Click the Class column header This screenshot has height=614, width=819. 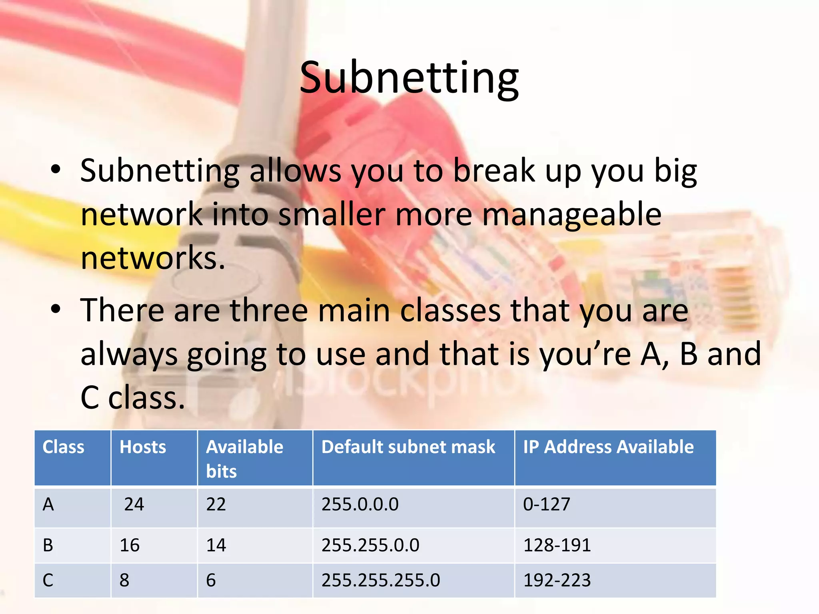(x=63, y=447)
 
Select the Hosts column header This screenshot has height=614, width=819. (x=143, y=447)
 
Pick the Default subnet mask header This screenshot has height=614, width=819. (x=408, y=447)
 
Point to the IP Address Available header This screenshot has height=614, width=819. (x=608, y=447)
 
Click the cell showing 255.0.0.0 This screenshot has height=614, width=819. (x=360, y=504)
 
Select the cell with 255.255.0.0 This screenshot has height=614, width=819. (x=370, y=545)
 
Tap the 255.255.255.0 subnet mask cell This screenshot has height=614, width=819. (x=381, y=580)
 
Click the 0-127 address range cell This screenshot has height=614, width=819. (x=546, y=504)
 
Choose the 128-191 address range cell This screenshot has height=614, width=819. (x=557, y=545)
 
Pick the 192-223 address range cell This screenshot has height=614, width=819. (x=557, y=580)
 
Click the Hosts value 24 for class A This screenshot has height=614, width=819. (x=134, y=504)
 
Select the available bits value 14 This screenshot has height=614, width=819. (x=216, y=545)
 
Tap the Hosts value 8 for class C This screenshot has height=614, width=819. (x=124, y=580)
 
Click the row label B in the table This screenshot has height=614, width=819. (x=48, y=545)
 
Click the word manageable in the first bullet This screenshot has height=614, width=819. (x=572, y=215)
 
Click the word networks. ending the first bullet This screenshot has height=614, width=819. (x=153, y=258)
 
